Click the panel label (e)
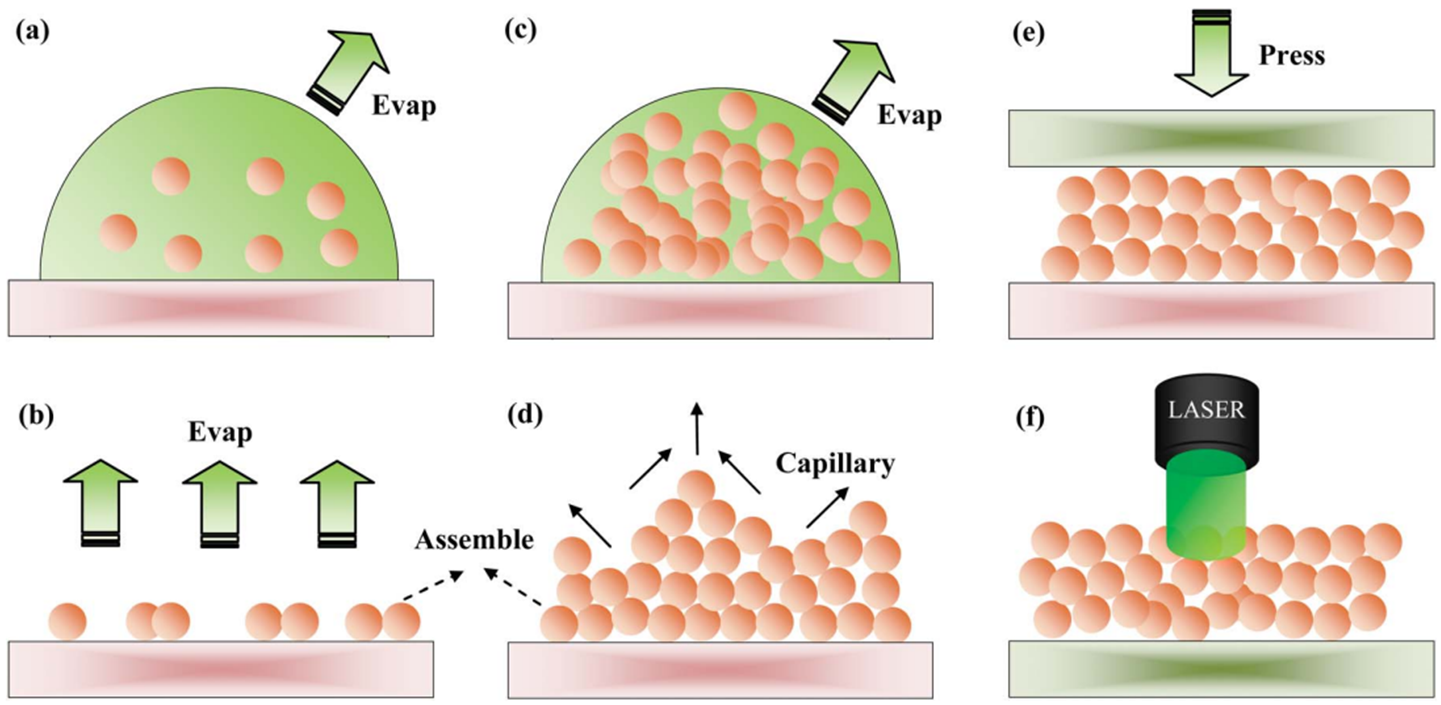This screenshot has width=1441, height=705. pos(1028,33)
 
